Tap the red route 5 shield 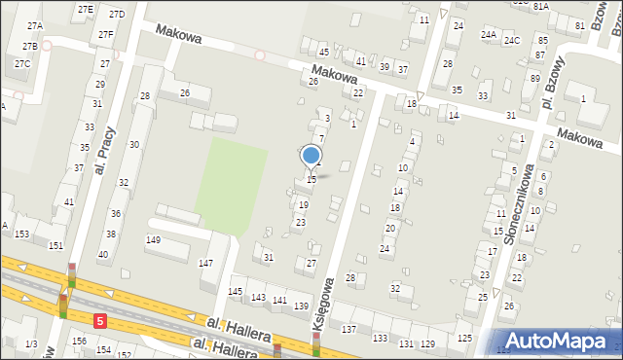click(99, 319)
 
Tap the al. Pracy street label click(107, 148)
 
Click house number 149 click(153, 239)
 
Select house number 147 click(206, 264)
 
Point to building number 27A click(35, 25)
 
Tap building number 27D click(117, 14)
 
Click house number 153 click(21, 234)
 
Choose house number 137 click(348, 330)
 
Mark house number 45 click(324, 52)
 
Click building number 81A click(541, 6)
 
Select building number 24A click(488, 34)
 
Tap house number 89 click(534, 78)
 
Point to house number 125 click(465, 338)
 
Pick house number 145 click(236, 292)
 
